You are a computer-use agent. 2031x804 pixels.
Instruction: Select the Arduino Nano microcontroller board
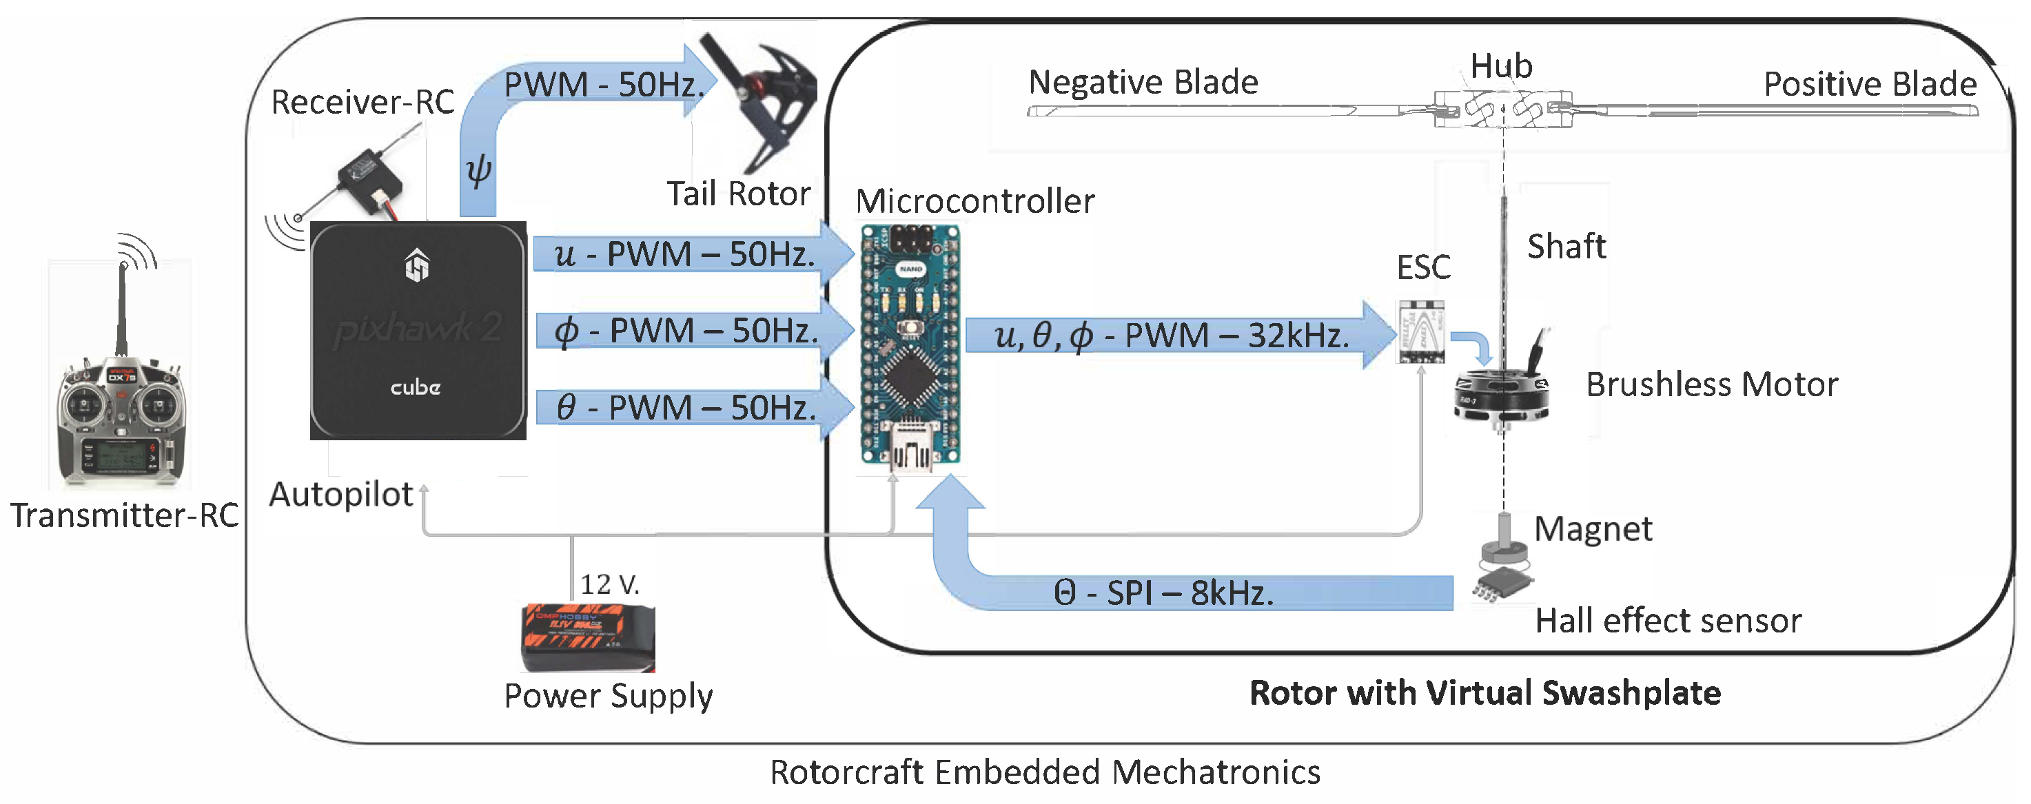click(x=910, y=347)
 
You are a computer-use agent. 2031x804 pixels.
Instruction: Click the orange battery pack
click(x=588, y=637)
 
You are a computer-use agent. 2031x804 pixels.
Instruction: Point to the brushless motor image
click(x=1502, y=386)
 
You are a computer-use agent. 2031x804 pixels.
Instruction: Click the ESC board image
click(x=1422, y=332)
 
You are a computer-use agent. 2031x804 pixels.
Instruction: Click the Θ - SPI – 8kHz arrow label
click(x=1163, y=592)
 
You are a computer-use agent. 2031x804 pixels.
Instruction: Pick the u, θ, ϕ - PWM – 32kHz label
click(x=1172, y=336)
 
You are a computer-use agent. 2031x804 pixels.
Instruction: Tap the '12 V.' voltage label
click(x=609, y=584)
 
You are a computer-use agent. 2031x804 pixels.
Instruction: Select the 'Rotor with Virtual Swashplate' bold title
click(x=1485, y=693)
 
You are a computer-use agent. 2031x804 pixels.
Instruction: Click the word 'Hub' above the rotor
click(x=1501, y=65)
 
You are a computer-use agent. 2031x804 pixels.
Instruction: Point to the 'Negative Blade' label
click(x=1143, y=82)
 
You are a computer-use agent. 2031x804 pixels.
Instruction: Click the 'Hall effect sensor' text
click(x=1668, y=621)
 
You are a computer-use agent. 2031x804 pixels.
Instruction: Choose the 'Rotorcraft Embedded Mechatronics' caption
click(x=1045, y=772)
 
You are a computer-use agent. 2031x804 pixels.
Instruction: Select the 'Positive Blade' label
click(x=1870, y=83)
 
